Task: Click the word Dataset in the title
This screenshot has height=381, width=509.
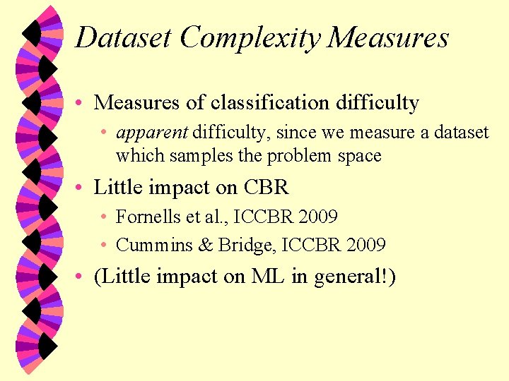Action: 124,37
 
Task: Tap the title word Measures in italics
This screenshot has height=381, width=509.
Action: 388,37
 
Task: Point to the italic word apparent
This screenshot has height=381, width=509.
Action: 152,133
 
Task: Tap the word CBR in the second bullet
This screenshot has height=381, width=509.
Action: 267,188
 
